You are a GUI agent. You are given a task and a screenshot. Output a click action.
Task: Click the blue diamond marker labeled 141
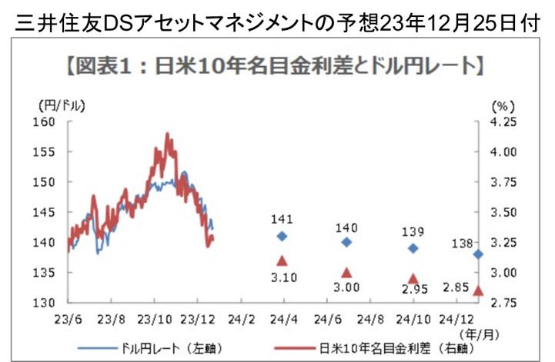tap(282, 236)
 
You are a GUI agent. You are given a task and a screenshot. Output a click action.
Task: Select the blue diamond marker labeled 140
tap(346, 242)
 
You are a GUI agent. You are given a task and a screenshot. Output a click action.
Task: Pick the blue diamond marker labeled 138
tap(478, 254)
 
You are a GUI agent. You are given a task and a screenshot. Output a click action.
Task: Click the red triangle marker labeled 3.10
tap(282, 261)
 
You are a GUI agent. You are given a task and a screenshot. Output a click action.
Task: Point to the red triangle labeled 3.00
tap(346, 272)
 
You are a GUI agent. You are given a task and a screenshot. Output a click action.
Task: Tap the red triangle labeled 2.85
tap(478, 291)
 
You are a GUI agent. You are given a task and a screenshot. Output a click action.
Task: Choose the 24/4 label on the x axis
tap(283, 318)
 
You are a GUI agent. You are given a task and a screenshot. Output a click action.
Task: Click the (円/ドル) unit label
tap(60, 104)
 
